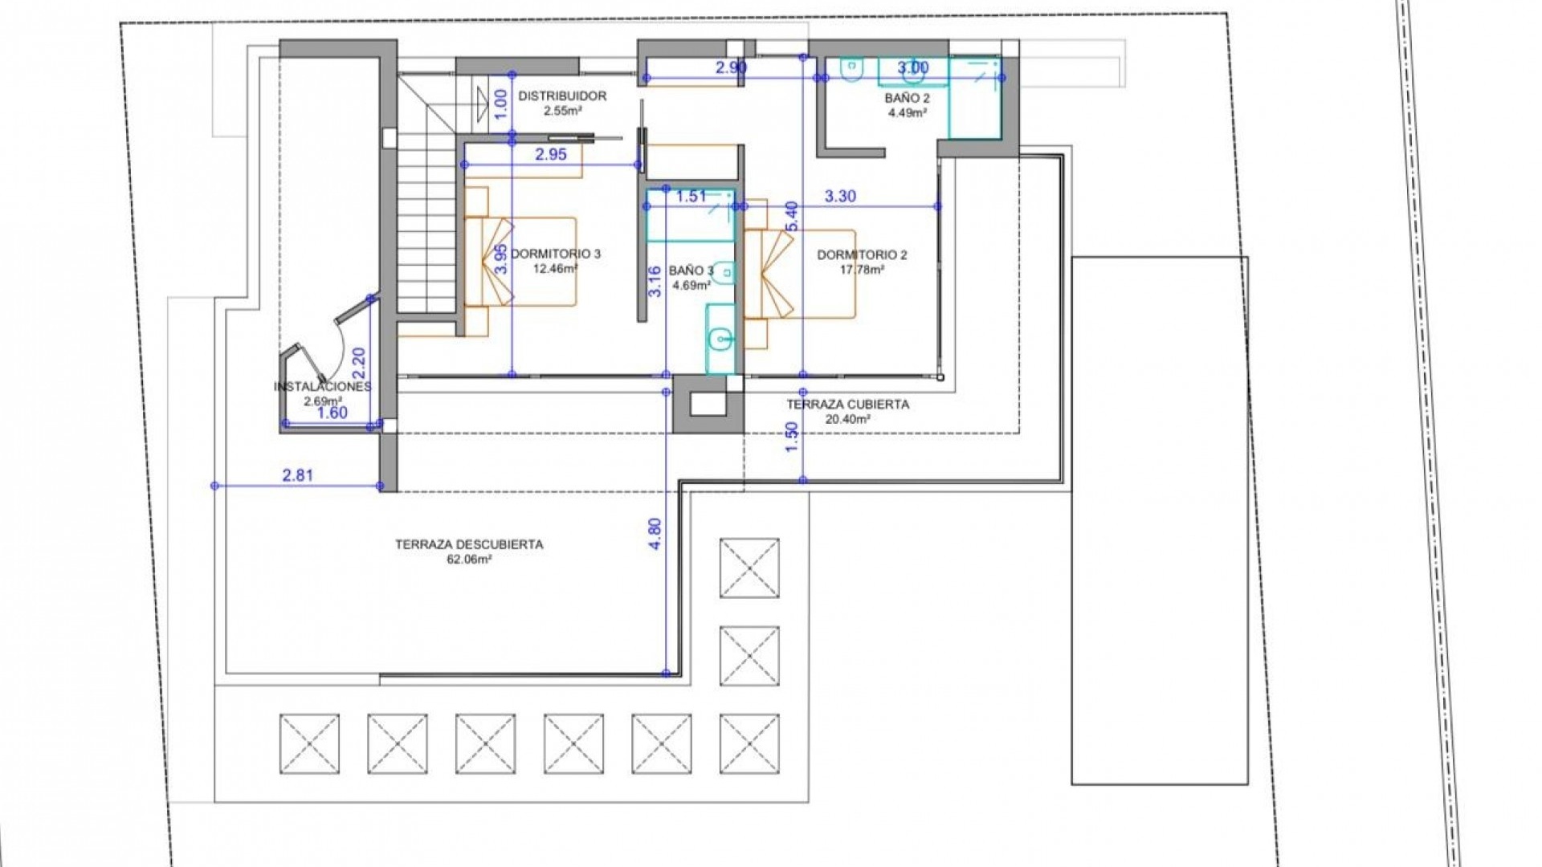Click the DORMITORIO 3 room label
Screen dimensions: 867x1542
click(x=556, y=254)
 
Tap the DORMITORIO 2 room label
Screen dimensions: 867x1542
click(x=862, y=255)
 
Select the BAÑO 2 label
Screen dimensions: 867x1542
click(x=907, y=98)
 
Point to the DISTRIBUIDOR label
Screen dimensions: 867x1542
click(x=562, y=96)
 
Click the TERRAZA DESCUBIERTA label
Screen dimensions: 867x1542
click(x=469, y=544)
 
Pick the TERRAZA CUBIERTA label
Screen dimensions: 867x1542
click(x=847, y=405)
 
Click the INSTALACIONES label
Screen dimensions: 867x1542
click(x=323, y=387)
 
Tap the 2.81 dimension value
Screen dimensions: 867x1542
click(x=297, y=475)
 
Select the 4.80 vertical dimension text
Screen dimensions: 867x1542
click(x=655, y=533)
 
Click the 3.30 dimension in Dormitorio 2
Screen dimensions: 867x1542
click(x=840, y=196)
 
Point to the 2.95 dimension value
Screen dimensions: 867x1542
click(x=551, y=155)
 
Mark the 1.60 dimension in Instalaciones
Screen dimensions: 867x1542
click(x=332, y=413)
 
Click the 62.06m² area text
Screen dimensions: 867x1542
click(x=469, y=560)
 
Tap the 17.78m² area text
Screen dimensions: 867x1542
click(x=862, y=270)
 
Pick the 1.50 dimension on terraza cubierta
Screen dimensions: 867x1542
click(x=793, y=437)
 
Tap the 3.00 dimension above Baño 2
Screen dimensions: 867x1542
click(x=912, y=68)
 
